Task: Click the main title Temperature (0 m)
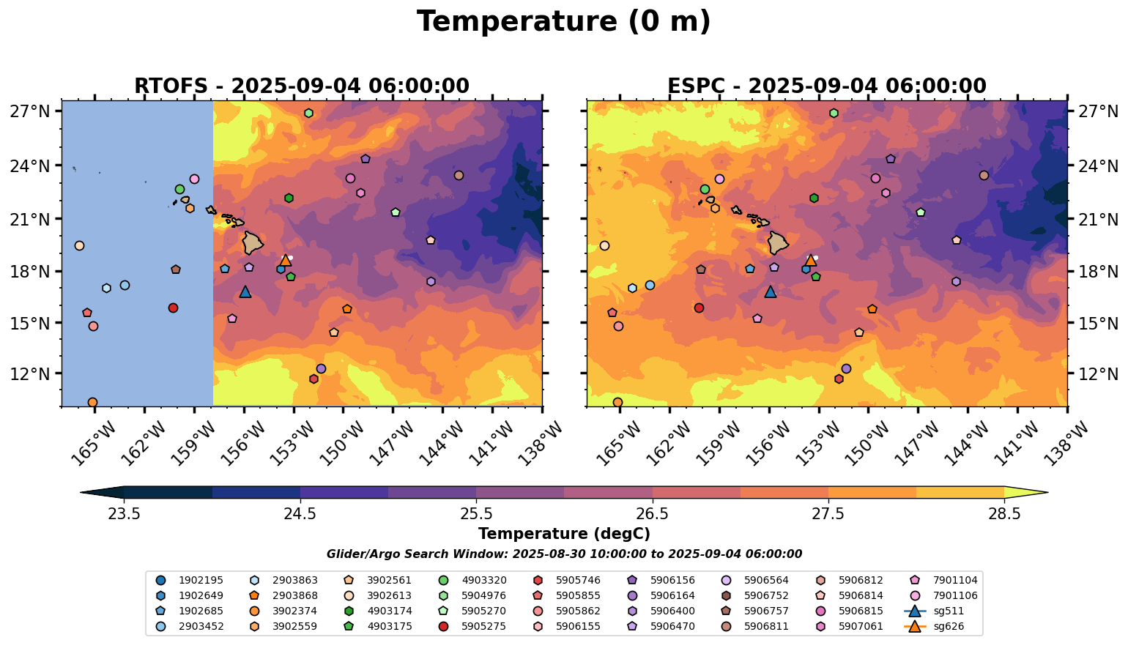click(563, 22)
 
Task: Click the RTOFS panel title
click(301, 86)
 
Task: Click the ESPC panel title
click(826, 86)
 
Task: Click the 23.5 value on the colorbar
click(124, 513)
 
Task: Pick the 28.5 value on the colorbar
click(1004, 513)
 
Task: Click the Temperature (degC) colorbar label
click(563, 534)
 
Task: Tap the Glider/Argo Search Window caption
click(563, 554)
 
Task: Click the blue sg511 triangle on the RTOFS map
click(245, 292)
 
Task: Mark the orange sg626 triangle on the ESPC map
click(810, 260)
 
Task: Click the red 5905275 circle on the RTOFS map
click(173, 308)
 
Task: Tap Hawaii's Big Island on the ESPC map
click(778, 242)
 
